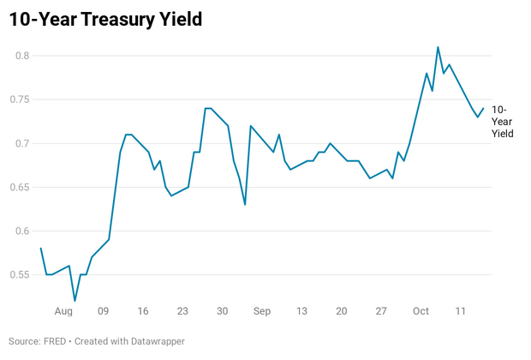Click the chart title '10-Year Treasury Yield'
105,18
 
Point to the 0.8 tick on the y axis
21,56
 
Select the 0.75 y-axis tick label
18,99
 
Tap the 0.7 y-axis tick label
21,143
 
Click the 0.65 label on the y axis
18,187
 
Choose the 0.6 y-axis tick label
21,231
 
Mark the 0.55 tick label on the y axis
18,274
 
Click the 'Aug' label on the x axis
63,311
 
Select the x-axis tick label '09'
103,311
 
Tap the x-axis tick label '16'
142,311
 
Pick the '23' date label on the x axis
182,311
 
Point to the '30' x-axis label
222,311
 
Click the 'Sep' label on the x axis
262,311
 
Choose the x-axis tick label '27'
381,311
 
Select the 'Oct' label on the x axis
421,311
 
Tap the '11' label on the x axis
461,311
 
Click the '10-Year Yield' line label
503,122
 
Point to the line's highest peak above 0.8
438,47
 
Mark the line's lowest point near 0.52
75,301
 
